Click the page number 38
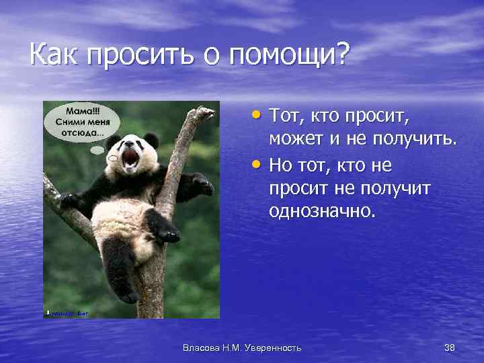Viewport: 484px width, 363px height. click(x=450, y=347)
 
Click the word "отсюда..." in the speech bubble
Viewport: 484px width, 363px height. click(x=83, y=131)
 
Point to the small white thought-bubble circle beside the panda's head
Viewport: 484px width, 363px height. click(x=113, y=158)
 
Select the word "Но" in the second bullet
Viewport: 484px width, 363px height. click(x=282, y=165)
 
